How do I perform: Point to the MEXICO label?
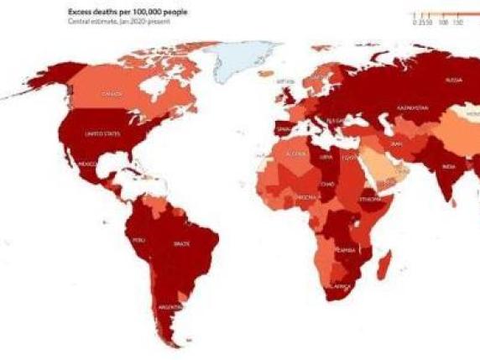click(x=86, y=164)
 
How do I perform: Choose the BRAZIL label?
click(x=180, y=243)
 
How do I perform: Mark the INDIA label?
click(x=449, y=166)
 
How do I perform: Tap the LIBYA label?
click(x=326, y=157)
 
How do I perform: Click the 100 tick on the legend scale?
click(x=442, y=23)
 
